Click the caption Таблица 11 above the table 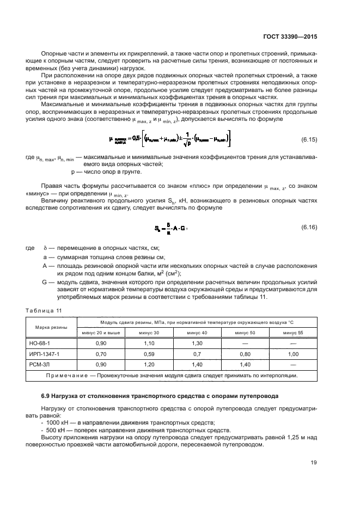44,310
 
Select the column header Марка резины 51,327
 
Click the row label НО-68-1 39,344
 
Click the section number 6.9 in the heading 47,396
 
